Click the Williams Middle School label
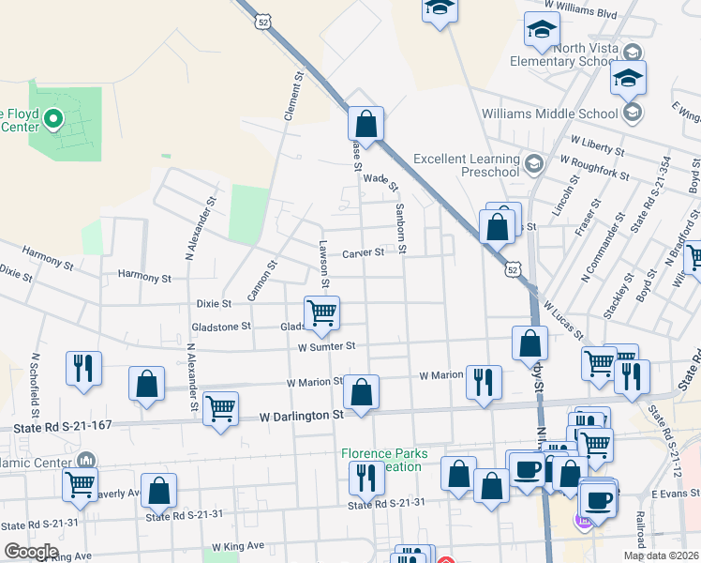click(549, 114)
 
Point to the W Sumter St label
click(327, 346)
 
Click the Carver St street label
click(363, 252)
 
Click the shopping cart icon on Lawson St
click(321, 312)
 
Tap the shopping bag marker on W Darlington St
click(361, 392)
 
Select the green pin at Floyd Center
click(53, 119)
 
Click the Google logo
click(31, 552)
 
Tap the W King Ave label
click(238, 546)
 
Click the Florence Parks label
click(384, 453)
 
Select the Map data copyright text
click(661, 555)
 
